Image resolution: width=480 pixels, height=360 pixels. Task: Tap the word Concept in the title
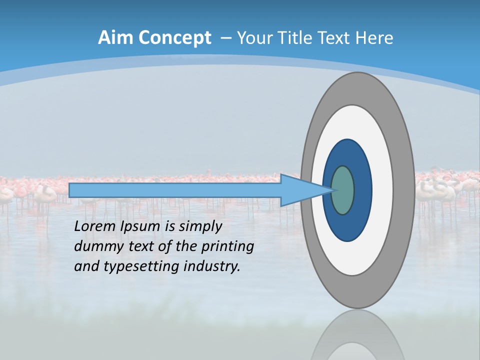point(175,38)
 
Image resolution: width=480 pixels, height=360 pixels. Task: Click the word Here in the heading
point(374,38)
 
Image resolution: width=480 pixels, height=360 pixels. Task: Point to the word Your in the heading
point(255,38)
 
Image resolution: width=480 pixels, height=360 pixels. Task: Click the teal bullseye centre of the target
point(342,190)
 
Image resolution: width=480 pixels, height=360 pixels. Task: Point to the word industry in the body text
point(212,266)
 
